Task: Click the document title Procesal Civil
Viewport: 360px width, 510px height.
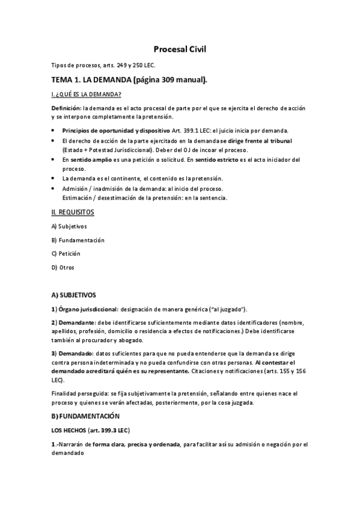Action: pos(180,50)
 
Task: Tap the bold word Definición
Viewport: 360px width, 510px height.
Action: pos(66,108)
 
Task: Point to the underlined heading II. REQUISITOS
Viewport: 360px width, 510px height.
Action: pos(73,212)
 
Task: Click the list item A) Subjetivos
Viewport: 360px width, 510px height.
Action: pos(70,226)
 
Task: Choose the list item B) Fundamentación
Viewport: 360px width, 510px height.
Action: pos(78,240)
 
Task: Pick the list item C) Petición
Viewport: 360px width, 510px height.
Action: pos(66,253)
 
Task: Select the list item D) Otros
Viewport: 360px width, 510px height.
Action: pos(63,267)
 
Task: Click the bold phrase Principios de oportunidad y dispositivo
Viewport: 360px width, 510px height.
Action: pos(116,131)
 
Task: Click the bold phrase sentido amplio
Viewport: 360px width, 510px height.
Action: pos(87,160)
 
